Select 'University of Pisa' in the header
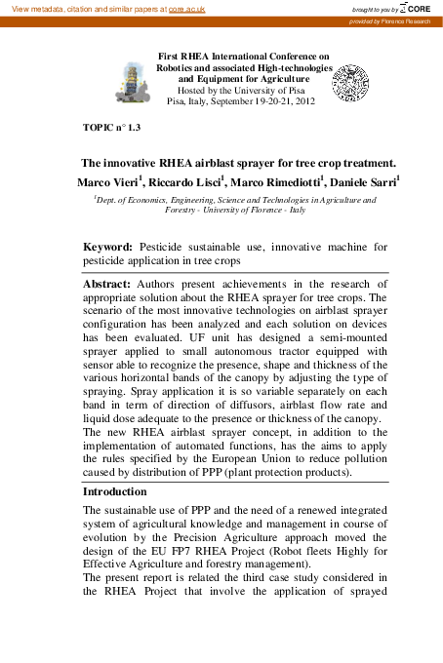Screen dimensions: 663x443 point(276,89)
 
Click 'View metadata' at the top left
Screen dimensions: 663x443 point(38,8)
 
